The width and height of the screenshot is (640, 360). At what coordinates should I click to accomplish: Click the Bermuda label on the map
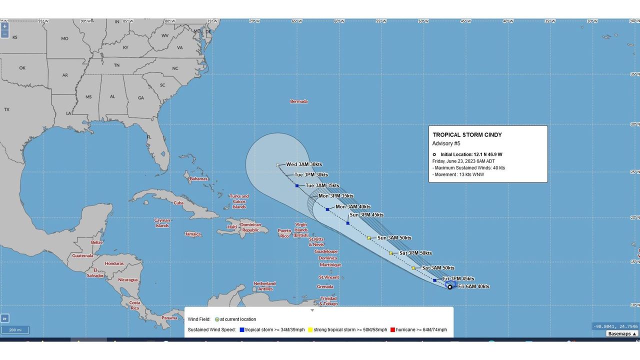[299, 101]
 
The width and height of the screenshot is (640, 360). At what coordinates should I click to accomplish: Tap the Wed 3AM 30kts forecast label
[304, 164]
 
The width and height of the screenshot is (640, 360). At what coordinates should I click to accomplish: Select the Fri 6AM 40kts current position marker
[450, 287]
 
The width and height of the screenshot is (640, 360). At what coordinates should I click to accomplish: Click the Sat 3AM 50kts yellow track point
[413, 268]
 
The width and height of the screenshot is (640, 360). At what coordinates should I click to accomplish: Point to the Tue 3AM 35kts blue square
[297, 186]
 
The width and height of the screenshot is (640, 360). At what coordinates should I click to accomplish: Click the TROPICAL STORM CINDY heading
[467, 135]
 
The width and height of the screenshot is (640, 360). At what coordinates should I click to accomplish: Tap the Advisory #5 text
[446, 143]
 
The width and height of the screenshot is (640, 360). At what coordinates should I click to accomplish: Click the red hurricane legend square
[393, 330]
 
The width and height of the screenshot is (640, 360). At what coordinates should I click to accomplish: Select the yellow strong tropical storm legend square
[310, 330]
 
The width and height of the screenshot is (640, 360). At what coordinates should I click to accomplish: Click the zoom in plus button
[4, 26]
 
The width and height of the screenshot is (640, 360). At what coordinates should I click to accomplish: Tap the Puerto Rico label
[284, 233]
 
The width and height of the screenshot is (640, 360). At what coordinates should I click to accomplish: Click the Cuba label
[178, 203]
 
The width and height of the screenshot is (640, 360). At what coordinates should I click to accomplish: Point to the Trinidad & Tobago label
[329, 301]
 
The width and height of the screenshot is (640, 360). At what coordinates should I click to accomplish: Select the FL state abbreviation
[149, 137]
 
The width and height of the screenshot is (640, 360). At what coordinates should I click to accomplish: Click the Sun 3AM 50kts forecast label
[394, 238]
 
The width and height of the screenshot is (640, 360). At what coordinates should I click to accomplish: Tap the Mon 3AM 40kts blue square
[327, 209]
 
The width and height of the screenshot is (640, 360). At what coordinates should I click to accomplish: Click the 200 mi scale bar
[14, 330]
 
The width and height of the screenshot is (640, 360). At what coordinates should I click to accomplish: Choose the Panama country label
[169, 318]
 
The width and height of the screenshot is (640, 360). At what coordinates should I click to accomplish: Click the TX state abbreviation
[7, 109]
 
